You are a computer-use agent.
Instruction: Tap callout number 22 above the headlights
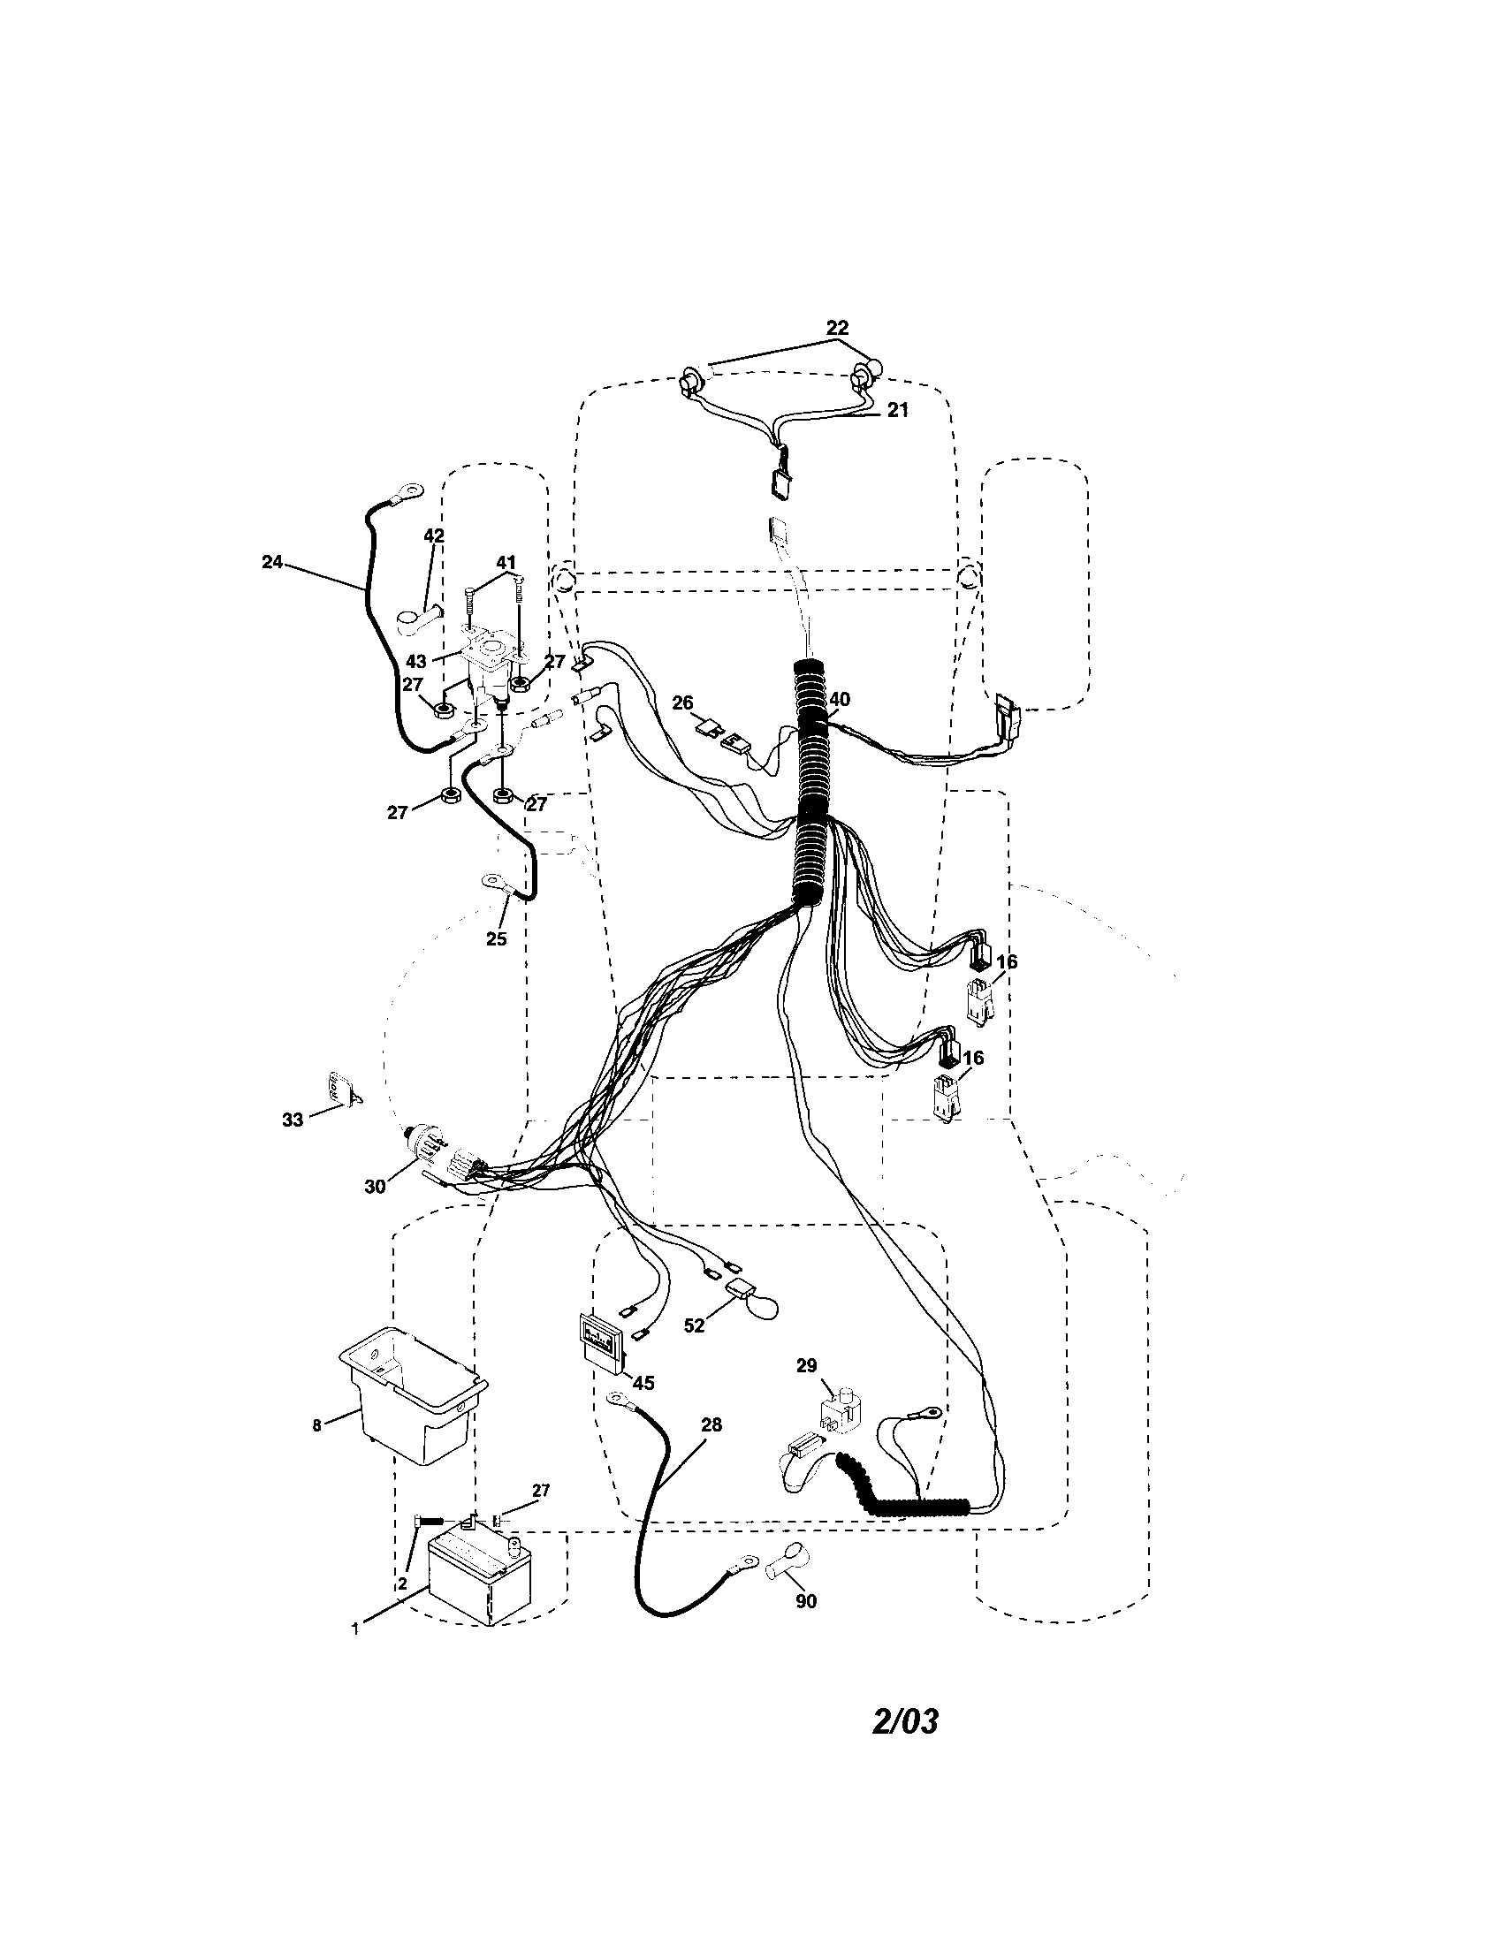[837, 328]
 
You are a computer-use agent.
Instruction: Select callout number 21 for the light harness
[897, 409]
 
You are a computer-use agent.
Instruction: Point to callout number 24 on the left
[272, 561]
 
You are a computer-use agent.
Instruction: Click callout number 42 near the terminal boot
[434, 535]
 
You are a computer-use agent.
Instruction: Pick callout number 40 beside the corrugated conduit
[840, 700]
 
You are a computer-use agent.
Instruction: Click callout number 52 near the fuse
[695, 1350]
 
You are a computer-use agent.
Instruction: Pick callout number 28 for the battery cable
[711, 1424]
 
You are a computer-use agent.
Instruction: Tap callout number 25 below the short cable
[496, 938]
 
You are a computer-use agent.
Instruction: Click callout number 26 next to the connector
[681, 702]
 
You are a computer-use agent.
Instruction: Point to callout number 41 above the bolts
[506, 562]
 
